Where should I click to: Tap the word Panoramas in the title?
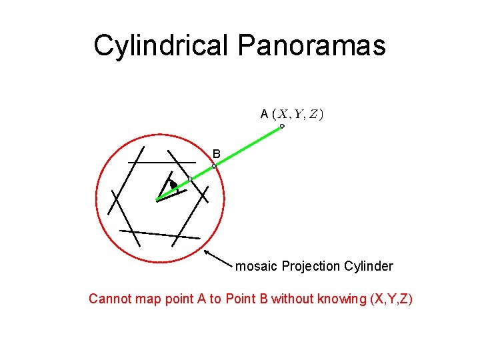tap(311, 46)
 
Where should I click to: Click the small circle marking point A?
tap(282, 126)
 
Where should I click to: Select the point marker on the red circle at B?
tap(214, 165)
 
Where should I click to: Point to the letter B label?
tap(216, 153)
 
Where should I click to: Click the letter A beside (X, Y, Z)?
tap(265, 114)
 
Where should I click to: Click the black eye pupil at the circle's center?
tap(173, 185)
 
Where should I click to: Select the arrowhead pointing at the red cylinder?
tap(206, 252)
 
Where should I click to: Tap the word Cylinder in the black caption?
tap(369, 267)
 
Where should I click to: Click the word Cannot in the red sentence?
tap(110, 299)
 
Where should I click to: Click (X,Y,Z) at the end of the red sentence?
tap(391, 299)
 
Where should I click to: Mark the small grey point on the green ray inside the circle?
tap(190, 179)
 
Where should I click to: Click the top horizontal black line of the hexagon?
tap(162, 162)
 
